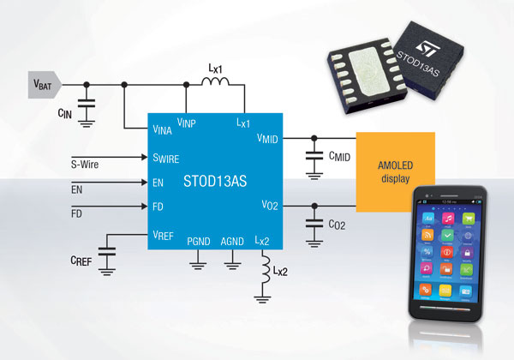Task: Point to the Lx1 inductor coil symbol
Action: click(216, 84)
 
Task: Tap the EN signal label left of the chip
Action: click(76, 187)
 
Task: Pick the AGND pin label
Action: click(232, 242)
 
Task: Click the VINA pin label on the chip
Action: click(164, 129)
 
